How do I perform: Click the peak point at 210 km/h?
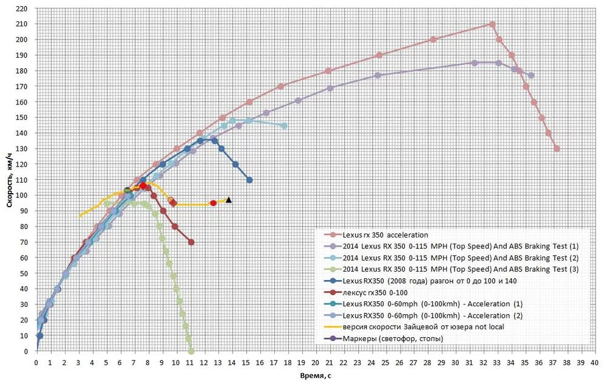tap(492, 24)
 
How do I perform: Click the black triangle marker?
tap(229, 199)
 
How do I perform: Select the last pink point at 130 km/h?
tap(557, 149)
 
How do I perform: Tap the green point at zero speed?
tap(191, 351)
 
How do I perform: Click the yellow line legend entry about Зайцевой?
tap(423, 327)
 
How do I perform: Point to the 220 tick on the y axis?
tap(22, 9)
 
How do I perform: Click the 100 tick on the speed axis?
tap(22, 196)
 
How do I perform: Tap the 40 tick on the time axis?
tap(595, 363)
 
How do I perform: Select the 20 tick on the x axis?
tap(316, 363)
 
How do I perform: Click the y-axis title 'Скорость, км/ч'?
tap(10, 180)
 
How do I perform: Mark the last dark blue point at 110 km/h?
tap(249, 180)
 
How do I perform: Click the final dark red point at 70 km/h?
tap(191, 242)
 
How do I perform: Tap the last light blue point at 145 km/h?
tap(285, 126)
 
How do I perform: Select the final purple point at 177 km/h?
tap(531, 75)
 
